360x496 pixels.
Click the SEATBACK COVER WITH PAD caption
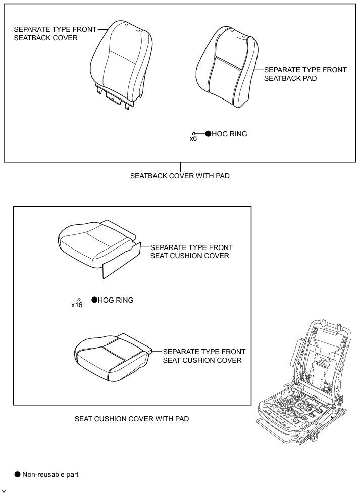point(180,176)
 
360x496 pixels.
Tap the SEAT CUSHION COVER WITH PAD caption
point(132,419)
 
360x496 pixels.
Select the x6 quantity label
point(193,138)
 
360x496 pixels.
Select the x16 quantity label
point(77,305)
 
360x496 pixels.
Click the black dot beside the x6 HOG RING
point(208,134)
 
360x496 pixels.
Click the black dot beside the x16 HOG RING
point(94,300)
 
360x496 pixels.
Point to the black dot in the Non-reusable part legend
point(18,474)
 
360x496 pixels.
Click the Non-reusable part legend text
point(50,475)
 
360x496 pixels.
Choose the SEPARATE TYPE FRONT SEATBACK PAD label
point(305,74)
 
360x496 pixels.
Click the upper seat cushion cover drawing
point(96,242)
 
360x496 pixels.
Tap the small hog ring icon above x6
point(194,133)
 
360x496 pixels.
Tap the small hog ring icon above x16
point(79,299)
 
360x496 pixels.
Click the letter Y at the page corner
point(4,492)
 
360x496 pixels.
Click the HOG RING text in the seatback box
point(230,134)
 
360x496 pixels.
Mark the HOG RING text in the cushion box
point(116,300)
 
